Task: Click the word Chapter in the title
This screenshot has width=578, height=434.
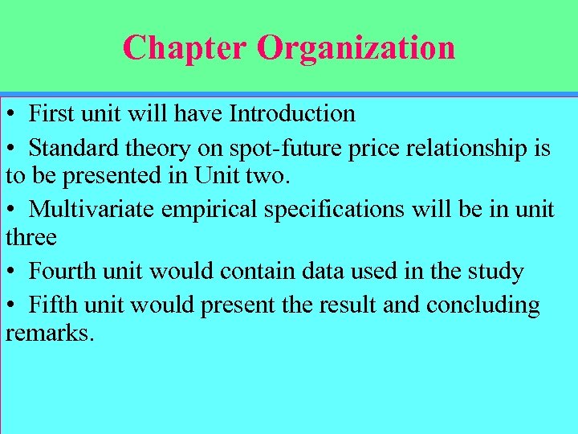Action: [185, 47]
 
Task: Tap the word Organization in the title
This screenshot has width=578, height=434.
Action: [356, 48]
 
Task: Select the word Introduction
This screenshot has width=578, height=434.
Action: [292, 113]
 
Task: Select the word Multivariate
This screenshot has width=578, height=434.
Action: [92, 209]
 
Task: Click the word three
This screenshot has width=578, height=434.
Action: [31, 237]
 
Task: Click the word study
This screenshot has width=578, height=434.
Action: [494, 272]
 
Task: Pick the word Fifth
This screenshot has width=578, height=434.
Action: [53, 305]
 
